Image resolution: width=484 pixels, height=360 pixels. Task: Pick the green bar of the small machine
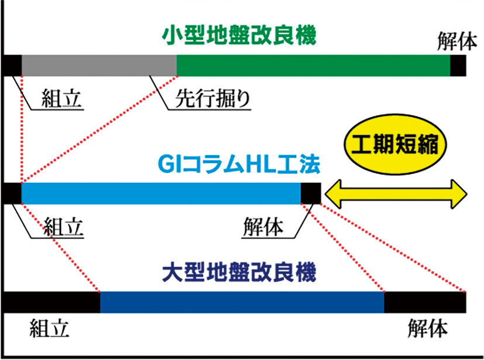click(313, 66)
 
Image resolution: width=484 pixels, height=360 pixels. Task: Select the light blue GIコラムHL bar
click(161, 193)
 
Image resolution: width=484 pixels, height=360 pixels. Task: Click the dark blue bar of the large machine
click(242, 301)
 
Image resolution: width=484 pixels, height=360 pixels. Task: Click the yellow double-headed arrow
click(395, 193)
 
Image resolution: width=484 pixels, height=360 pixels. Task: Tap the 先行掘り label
click(213, 99)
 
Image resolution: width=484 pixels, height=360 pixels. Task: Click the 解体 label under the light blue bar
click(263, 225)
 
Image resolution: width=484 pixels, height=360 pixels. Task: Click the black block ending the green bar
click(458, 66)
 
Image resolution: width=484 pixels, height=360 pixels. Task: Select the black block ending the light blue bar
click(310, 193)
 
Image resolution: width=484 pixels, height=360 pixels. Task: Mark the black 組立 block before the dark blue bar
click(52, 301)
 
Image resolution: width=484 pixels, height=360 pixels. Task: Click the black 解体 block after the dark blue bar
click(424, 301)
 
